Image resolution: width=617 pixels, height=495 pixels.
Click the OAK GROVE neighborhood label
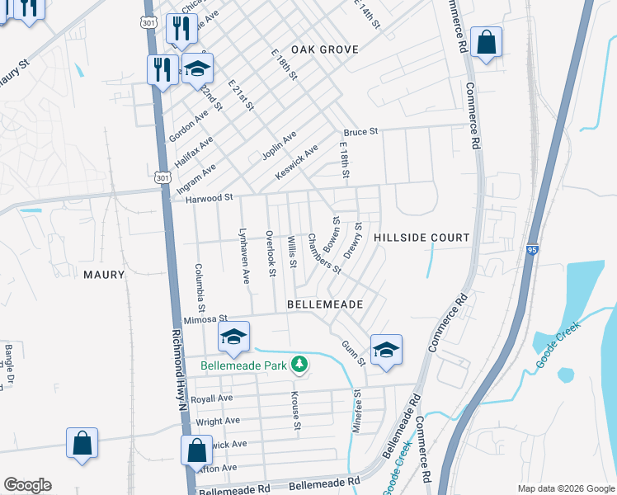(x=324, y=49)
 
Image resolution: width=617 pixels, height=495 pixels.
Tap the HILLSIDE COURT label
(x=422, y=238)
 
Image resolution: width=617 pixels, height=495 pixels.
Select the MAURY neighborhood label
(x=104, y=274)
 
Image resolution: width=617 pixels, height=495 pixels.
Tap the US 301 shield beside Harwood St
(x=161, y=176)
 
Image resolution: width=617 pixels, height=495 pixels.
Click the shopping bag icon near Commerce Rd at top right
(x=487, y=42)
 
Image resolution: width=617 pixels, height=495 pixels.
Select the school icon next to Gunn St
(x=385, y=350)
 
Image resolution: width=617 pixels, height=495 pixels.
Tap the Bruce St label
(x=360, y=132)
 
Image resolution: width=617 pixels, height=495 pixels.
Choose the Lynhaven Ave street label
(x=244, y=257)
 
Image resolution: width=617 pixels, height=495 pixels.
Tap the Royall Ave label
(x=212, y=398)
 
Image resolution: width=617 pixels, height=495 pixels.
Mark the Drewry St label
(x=353, y=241)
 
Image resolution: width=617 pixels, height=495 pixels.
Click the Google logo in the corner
(x=27, y=485)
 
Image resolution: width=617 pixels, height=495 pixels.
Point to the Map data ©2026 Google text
(x=565, y=488)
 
